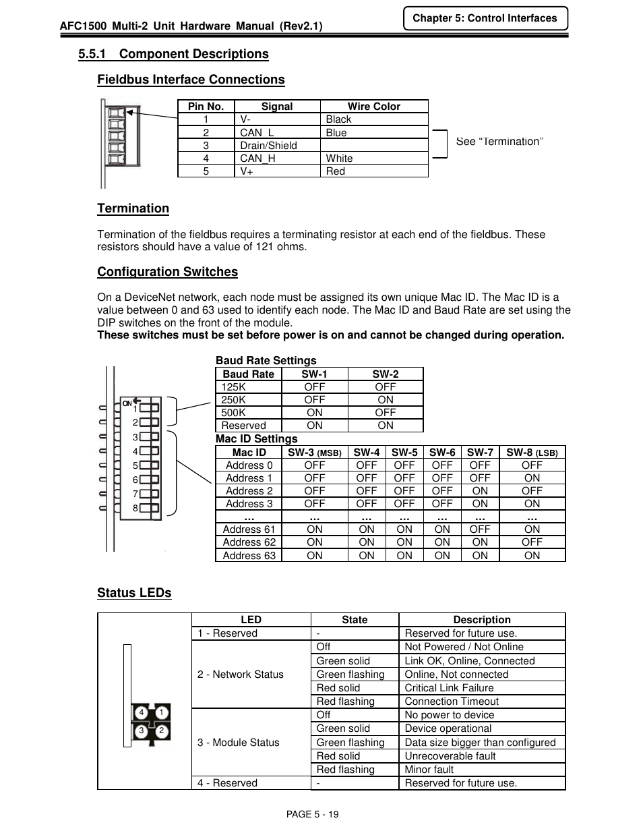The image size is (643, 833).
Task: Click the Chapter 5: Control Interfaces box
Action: [x=485, y=18]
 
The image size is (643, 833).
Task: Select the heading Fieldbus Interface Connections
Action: [x=191, y=80]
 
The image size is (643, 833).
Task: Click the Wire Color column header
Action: [x=373, y=107]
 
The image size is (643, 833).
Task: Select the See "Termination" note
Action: [x=499, y=142]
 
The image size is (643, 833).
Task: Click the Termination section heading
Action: [x=133, y=208]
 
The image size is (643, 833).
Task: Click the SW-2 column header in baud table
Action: [x=385, y=374]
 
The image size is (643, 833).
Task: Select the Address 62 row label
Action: [x=249, y=542]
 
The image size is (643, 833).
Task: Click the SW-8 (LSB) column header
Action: [x=532, y=453]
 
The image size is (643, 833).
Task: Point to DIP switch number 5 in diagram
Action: [x=150, y=465]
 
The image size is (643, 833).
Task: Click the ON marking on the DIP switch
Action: [x=127, y=403]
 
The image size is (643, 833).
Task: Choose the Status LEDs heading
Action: [x=134, y=593]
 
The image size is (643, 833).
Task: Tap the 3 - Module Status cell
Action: [x=238, y=743]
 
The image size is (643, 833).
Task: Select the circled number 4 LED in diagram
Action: [x=142, y=713]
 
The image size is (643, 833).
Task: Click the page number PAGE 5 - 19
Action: [x=312, y=814]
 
